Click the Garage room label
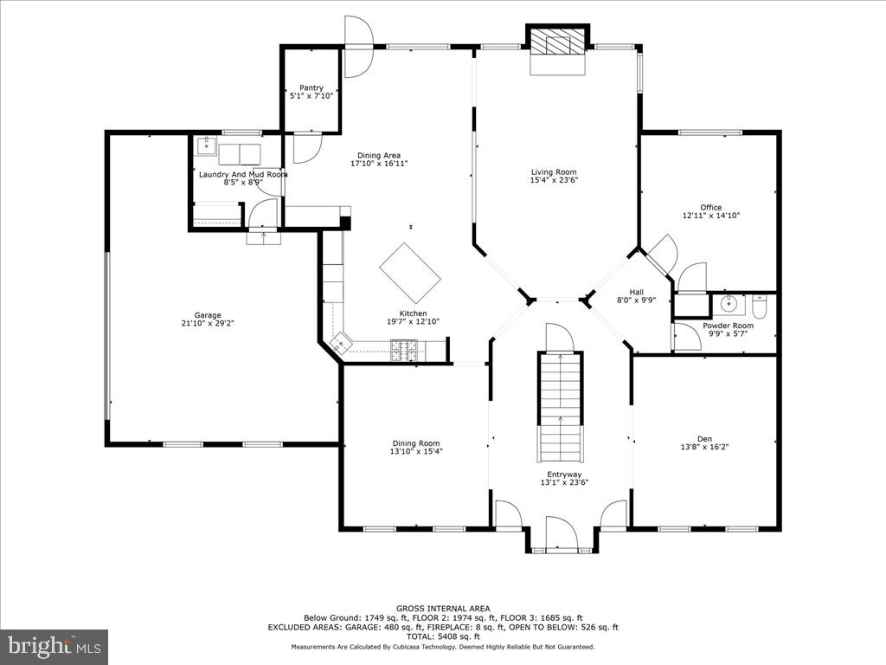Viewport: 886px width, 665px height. (208, 315)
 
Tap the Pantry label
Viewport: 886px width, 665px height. (311, 87)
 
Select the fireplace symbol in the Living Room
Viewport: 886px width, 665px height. (558, 42)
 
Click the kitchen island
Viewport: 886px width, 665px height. (410, 273)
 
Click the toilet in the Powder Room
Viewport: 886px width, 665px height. (760, 306)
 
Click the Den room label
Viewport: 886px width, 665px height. (704, 438)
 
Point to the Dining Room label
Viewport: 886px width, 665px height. (416, 443)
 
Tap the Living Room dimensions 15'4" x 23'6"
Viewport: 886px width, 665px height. (554, 180)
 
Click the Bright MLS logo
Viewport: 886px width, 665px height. (54, 646)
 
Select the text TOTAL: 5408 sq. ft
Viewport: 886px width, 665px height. (442, 636)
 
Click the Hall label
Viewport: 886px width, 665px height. (636, 292)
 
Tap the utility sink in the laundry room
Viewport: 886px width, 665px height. (206, 146)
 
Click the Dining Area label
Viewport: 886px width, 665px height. (379, 155)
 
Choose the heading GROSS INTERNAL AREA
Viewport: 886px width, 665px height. (442, 609)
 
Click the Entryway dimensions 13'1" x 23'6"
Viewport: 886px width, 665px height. (561, 483)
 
